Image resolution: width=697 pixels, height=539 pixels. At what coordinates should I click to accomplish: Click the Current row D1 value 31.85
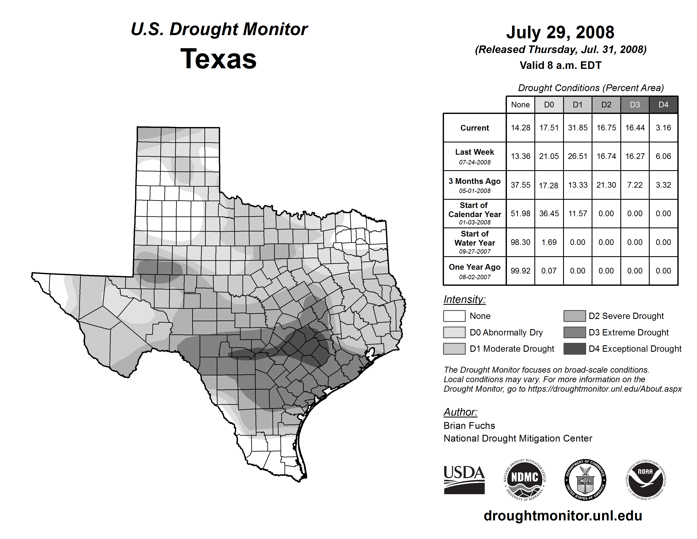coord(578,128)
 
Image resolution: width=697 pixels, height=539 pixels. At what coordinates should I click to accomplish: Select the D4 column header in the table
coord(663,105)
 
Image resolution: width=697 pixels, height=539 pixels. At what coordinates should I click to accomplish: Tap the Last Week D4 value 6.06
coord(663,156)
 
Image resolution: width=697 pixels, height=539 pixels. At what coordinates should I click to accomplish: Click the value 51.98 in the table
coord(520,213)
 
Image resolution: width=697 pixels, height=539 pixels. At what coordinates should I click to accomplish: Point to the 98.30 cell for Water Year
coord(520,242)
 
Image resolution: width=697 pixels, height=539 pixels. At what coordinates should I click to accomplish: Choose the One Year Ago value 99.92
coord(520,271)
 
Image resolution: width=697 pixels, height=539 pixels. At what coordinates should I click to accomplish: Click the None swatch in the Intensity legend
coord(454,316)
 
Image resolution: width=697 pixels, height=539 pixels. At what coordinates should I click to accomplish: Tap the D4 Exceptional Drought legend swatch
coord(574,349)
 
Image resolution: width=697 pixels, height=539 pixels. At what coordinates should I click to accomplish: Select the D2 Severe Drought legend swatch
coord(574,316)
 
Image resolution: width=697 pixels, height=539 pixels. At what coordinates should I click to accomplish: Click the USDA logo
coord(464,480)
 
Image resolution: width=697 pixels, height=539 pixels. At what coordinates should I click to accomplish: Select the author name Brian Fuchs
coord(469,426)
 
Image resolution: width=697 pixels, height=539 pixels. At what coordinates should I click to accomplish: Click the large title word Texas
coord(219,59)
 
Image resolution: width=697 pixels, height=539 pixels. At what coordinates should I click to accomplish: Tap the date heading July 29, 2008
coord(560,32)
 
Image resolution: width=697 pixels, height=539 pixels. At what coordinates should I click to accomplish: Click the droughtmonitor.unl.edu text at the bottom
coord(563,516)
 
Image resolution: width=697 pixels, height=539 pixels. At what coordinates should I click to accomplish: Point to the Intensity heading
coord(464,300)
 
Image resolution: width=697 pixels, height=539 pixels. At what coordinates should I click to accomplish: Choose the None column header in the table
coord(520,105)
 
